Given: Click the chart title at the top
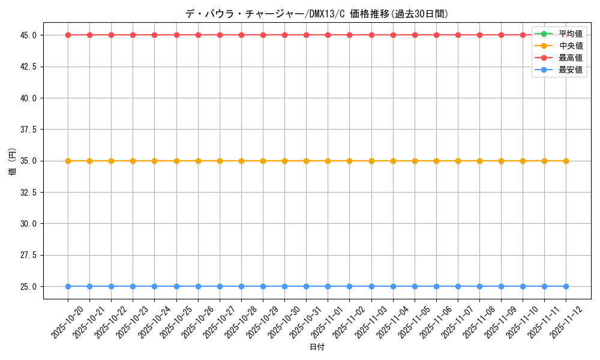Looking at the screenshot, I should click(x=317, y=14).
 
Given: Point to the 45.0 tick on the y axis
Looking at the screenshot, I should click(x=28, y=35).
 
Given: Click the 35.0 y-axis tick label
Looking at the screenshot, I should click(x=28, y=161).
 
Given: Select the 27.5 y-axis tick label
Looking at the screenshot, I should click(x=28, y=255).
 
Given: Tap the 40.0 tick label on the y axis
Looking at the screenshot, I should click(x=28, y=98).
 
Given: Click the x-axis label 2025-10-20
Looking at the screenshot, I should click(x=67, y=322).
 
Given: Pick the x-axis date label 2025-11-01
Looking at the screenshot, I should click(x=327, y=322).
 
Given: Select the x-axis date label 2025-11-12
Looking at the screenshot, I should click(x=565, y=322).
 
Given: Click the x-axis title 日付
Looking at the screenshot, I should click(x=317, y=347).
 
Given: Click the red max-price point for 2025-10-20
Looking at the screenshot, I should click(x=68, y=35).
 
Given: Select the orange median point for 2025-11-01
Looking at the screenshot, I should click(x=328, y=161).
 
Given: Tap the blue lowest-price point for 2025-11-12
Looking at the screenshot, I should click(x=566, y=286).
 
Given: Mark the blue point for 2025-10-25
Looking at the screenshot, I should click(x=176, y=286).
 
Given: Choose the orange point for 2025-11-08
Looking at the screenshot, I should click(x=479, y=161).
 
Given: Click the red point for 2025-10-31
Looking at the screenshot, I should click(x=306, y=35).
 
